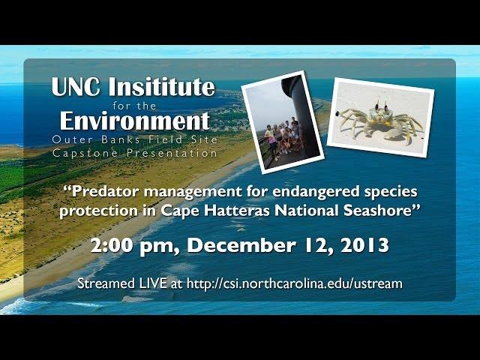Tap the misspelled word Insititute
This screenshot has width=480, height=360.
(162, 86)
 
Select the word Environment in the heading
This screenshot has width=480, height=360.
(135, 121)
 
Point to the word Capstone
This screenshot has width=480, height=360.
(85, 153)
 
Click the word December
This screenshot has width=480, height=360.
(241, 245)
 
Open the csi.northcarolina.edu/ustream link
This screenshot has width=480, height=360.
(294, 283)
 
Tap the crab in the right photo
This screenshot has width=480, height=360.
(380, 121)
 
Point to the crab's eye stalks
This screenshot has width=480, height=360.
(381, 103)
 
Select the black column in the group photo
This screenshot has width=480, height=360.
(301, 113)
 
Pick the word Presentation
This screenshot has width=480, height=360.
(172, 153)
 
